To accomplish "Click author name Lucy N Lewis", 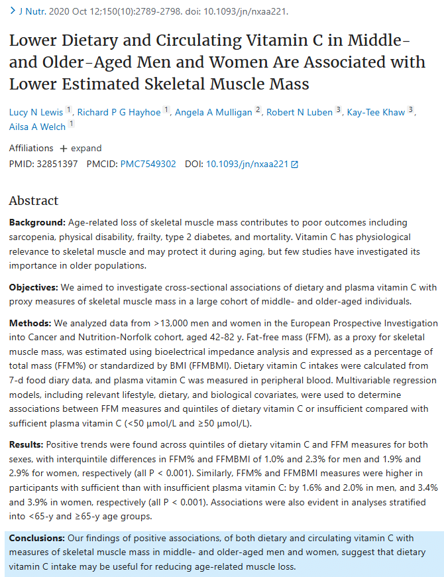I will tap(36, 112).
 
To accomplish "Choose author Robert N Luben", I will tap(299, 112).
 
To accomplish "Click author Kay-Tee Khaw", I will tap(375, 112).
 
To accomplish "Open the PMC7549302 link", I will tap(148, 163).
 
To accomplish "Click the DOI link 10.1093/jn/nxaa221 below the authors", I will tap(247, 163).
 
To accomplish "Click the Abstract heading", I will tap(34, 201).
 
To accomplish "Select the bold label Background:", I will tap(37, 222).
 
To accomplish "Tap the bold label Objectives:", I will tap(33, 288).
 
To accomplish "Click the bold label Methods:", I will tap(30, 323).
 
